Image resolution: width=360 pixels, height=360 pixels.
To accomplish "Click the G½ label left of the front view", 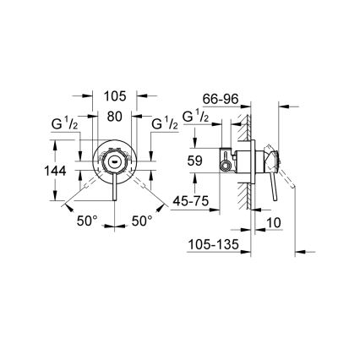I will pyautogui.click(x=67, y=125).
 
